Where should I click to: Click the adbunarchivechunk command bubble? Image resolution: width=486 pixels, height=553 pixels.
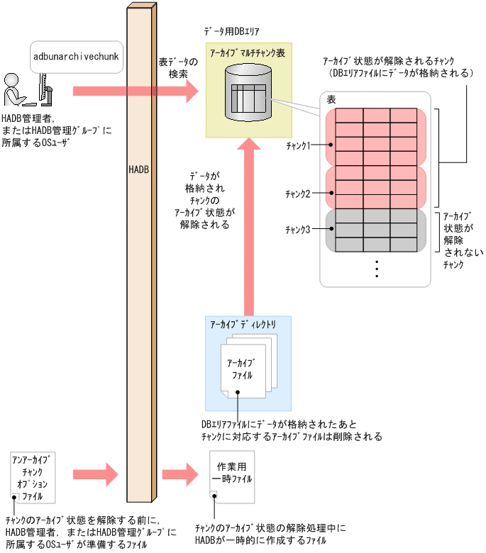click(77, 55)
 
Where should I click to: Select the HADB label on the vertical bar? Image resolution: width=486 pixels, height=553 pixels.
click(139, 171)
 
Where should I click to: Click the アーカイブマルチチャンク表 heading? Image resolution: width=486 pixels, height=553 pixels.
click(248, 53)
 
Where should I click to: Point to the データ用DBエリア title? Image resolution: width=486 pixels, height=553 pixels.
click(233, 33)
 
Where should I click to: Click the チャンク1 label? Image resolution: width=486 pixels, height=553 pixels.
click(298, 145)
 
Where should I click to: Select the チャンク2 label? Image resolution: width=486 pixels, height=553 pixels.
click(298, 194)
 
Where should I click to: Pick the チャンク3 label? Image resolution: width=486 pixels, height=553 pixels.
click(298, 229)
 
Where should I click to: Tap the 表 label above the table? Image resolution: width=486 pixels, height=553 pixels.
click(331, 101)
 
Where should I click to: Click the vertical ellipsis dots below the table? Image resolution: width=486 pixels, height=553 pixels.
click(377, 269)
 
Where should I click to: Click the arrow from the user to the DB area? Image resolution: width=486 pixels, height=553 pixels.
click(135, 91)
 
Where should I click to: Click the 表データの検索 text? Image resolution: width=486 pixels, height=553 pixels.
click(178, 67)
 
